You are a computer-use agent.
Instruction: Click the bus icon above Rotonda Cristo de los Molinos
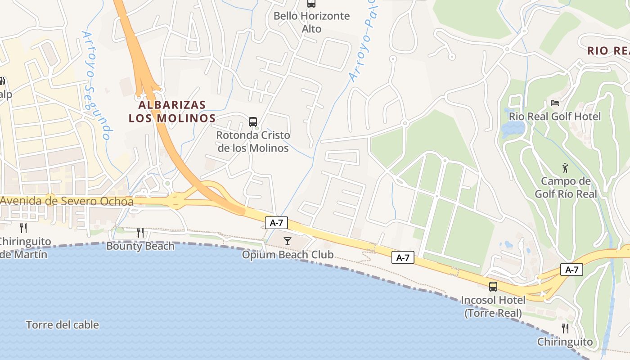click(253, 121)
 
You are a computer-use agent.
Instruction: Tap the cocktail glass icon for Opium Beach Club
click(288, 242)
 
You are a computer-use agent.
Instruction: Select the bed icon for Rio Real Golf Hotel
click(555, 103)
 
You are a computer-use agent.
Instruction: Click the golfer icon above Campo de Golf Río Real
click(566, 168)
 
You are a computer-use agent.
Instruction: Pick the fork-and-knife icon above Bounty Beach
click(140, 233)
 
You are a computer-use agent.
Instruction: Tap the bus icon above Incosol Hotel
click(493, 287)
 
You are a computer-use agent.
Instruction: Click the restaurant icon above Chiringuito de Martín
click(23, 228)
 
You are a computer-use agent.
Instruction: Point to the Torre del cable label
click(63, 325)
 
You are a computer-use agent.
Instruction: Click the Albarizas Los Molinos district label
click(172, 112)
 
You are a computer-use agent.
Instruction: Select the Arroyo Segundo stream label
click(95, 85)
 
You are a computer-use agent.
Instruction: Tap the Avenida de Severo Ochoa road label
click(67, 201)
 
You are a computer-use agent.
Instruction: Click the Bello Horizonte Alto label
click(311, 22)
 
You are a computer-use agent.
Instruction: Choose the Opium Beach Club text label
click(288, 255)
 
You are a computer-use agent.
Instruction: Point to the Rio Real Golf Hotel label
click(555, 117)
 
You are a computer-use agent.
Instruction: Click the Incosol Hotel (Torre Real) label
click(493, 306)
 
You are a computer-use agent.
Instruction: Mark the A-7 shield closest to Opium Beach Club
click(276, 223)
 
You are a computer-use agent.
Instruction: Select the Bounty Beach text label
click(140, 246)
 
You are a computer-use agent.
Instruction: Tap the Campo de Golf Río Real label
click(566, 188)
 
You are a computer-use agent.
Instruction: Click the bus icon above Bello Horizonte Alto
click(311, 4)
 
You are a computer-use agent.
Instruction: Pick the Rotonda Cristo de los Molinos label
click(253, 141)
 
